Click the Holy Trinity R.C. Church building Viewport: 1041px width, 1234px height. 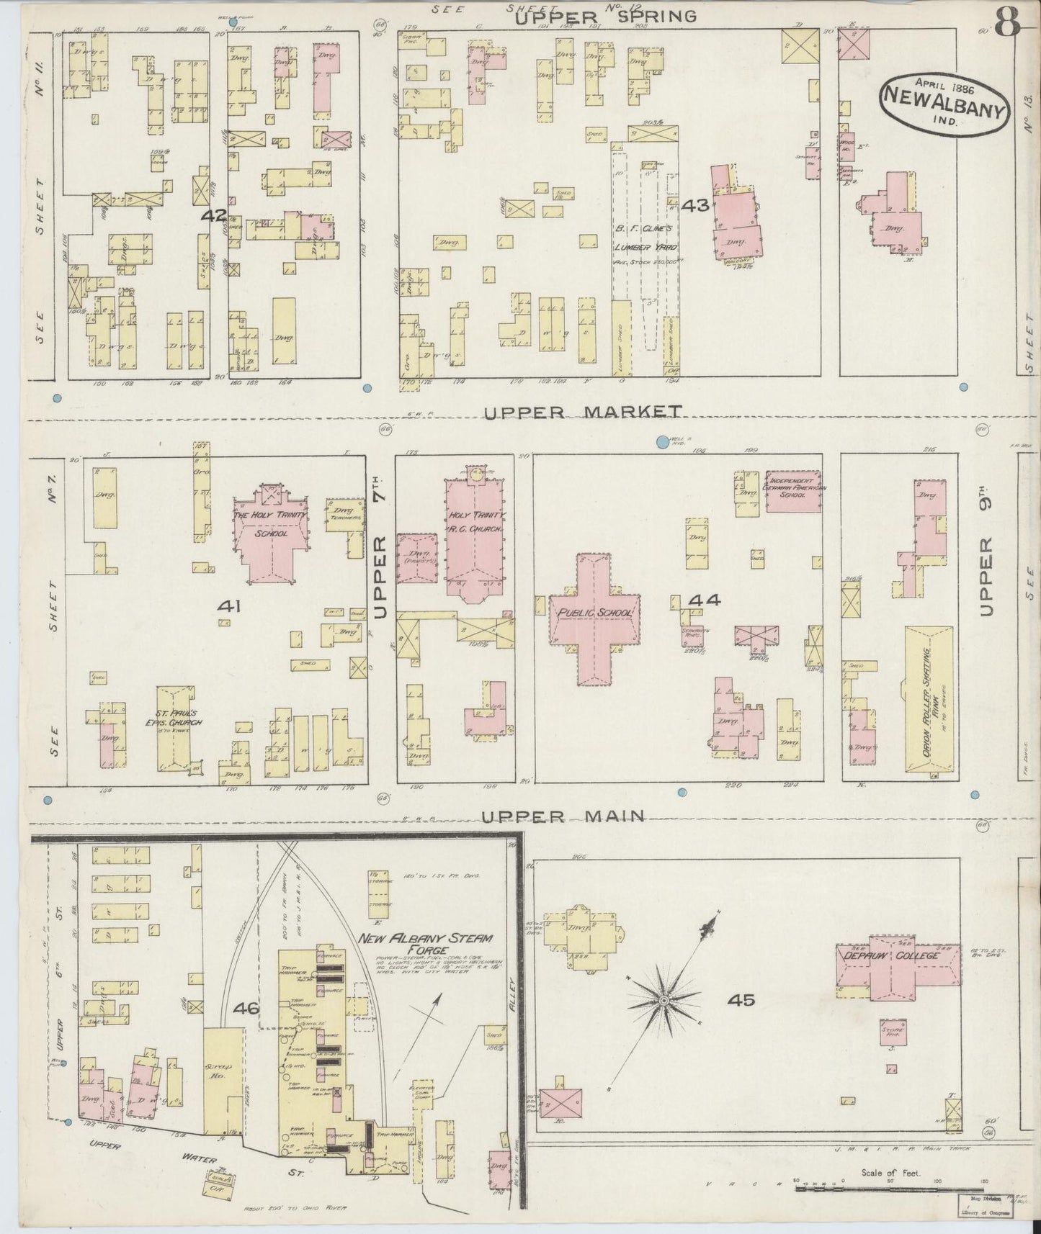(476, 533)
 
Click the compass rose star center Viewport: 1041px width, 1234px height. (663, 1001)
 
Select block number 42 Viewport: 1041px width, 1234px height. (214, 215)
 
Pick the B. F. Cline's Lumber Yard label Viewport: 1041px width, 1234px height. (643, 247)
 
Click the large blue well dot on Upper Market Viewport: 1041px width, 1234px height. (662, 441)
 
